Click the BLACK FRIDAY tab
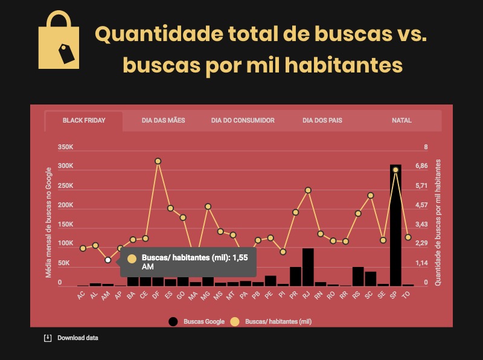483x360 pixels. tap(84, 120)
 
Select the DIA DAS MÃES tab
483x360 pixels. tap(163, 120)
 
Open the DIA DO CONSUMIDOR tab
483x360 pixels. tap(243, 120)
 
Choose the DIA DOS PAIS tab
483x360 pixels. tap(322, 120)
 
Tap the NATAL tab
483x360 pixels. tap(401, 120)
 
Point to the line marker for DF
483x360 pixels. tap(158, 161)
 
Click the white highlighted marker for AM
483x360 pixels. tap(107, 260)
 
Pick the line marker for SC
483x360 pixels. tap(371, 196)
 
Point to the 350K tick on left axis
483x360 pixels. tap(65, 147)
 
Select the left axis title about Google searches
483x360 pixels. tap(49, 223)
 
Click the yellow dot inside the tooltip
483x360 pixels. tap(132, 258)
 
